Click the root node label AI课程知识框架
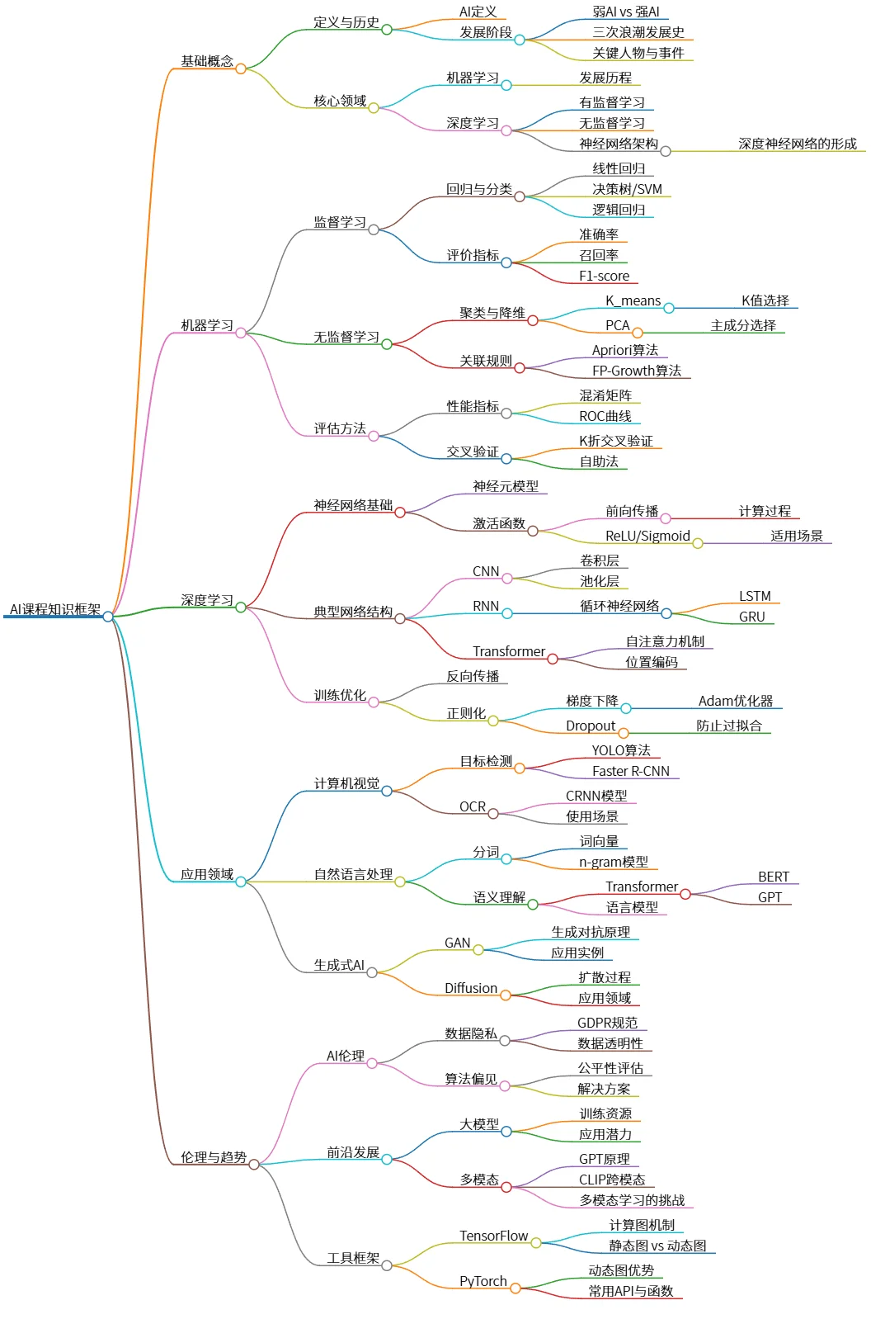pyautogui.click(x=54, y=610)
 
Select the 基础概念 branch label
pyautogui.click(x=207, y=61)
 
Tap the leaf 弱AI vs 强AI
pyautogui.click(x=625, y=12)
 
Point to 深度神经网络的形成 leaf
pyautogui.click(x=797, y=144)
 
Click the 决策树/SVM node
pyautogui.click(x=627, y=189)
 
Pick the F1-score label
pyautogui.click(x=604, y=276)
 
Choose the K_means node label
pyautogui.click(x=633, y=300)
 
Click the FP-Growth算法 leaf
pyautogui.click(x=636, y=371)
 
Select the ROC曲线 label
pyautogui.click(x=605, y=416)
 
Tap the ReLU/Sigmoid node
pyautogui.click(x=647, y=536)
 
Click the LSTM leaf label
pyautogui.click(x=755, y=596)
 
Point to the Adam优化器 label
pyautogui.click(x=736, y=701)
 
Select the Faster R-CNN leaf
pyautogui.click(x=630, y=771)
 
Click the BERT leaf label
pyautogui.click(x=773, y=877)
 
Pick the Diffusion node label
pyautogui.click(x=470, y=988)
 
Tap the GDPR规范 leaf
pyautogui.click(x=607, y=1023)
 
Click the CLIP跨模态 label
pyautogui.click(x=611, y=1180)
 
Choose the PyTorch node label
pyautogui.click(x=483, y=1281)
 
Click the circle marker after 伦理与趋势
pyautogui.click(x=254, y=1165)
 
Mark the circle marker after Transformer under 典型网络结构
pyautogui.click(x=553, y=659)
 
